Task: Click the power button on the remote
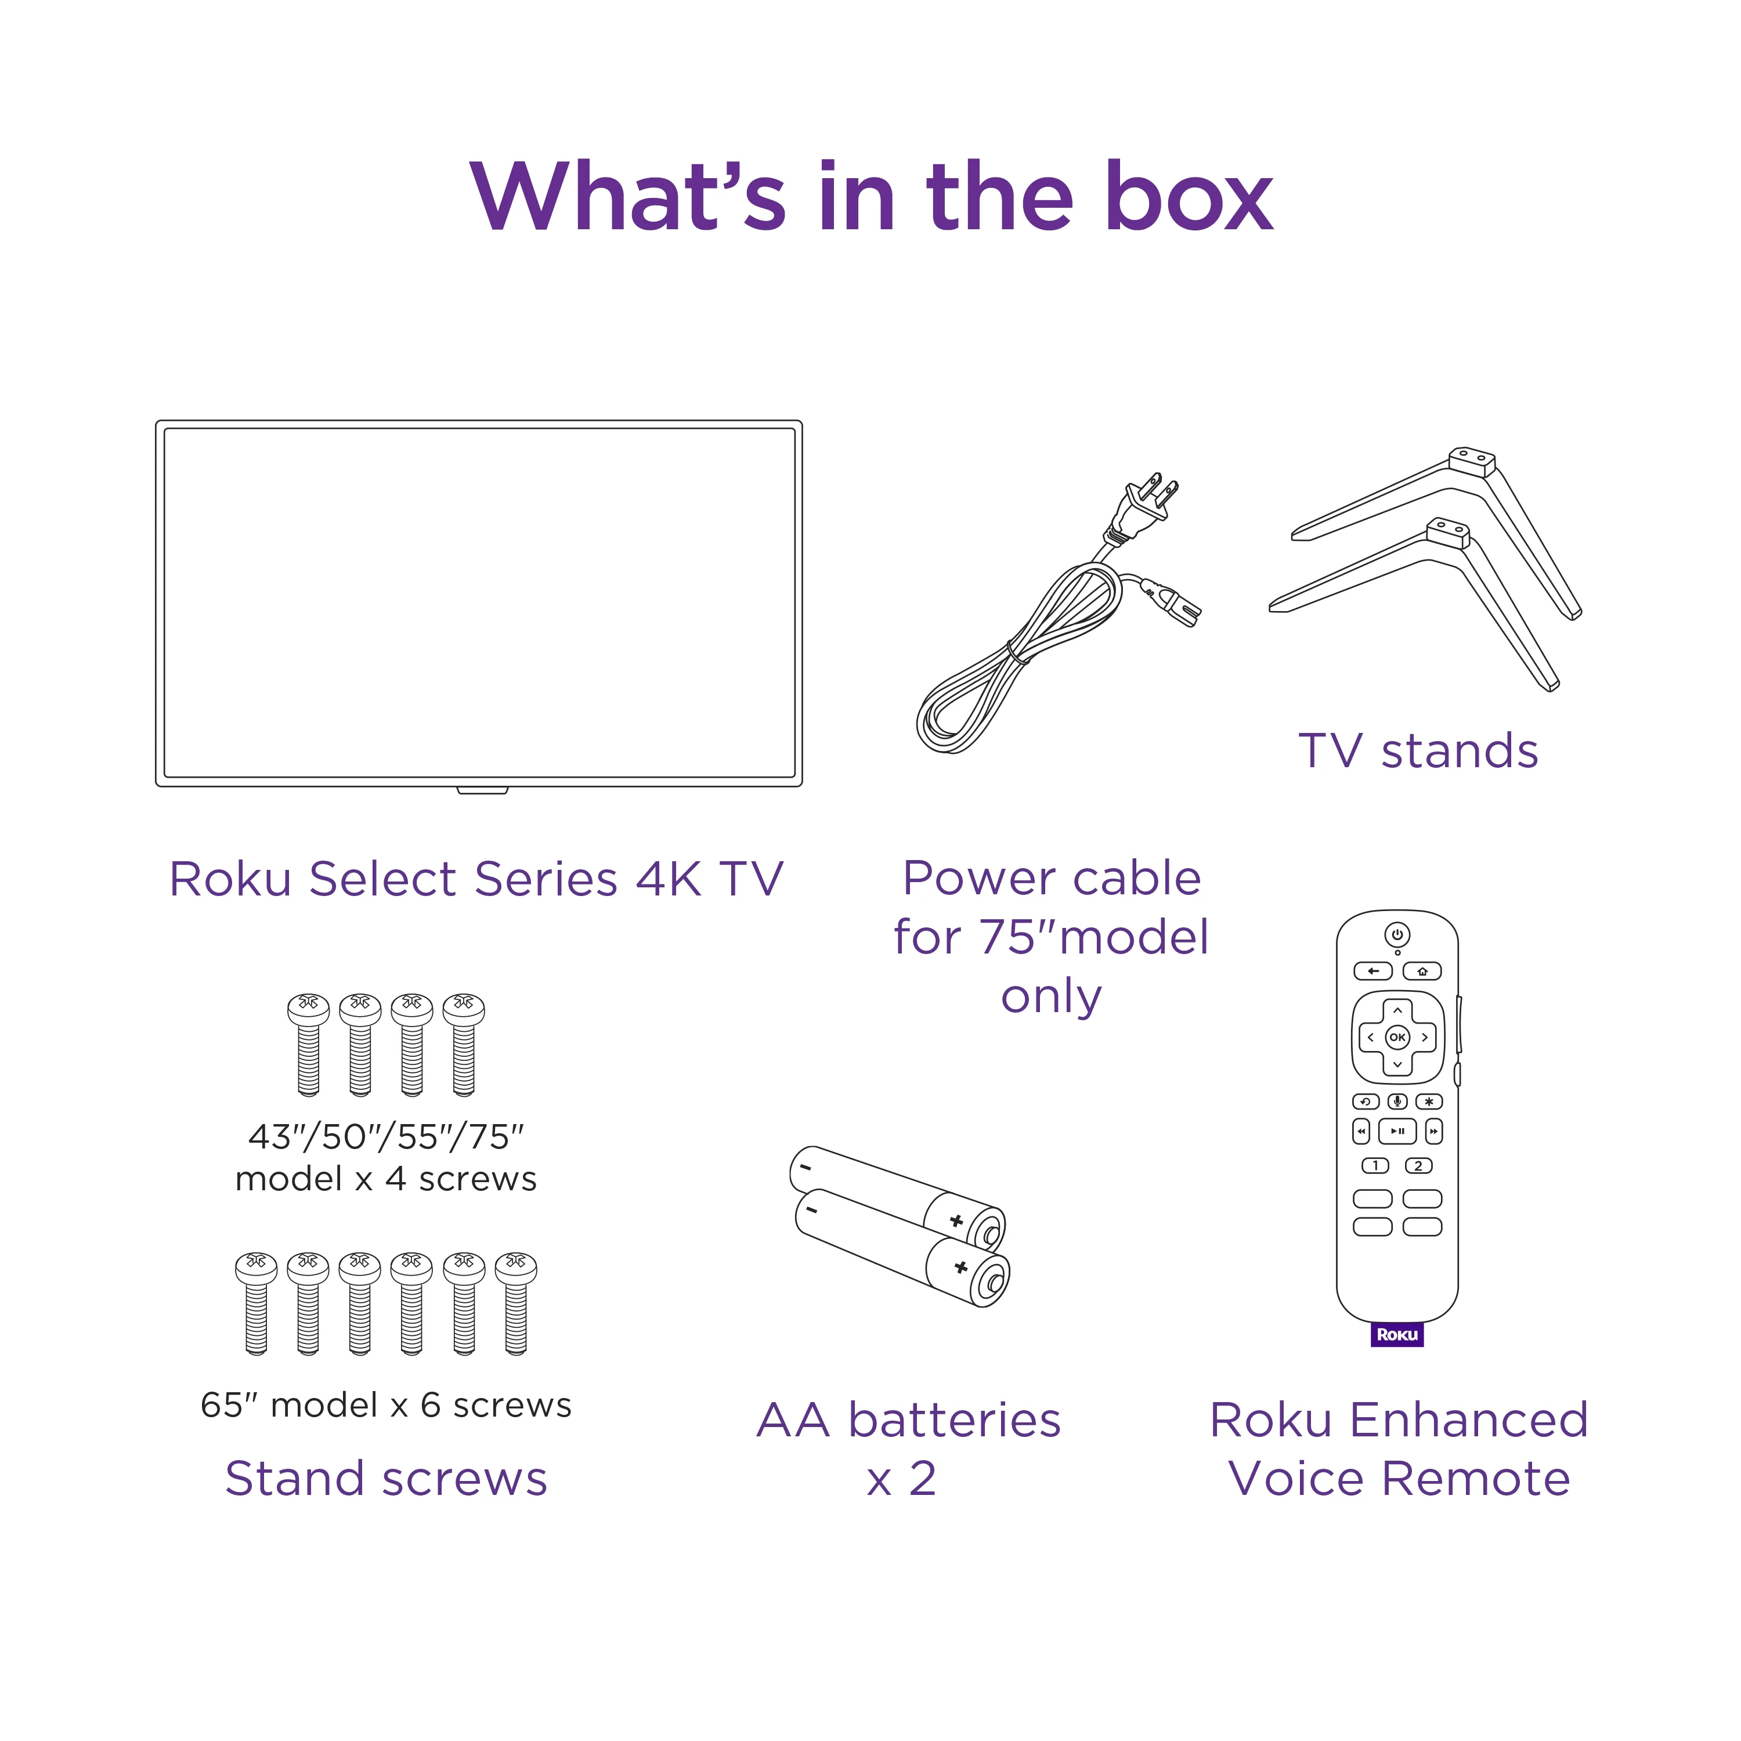click(x=1397, y=934)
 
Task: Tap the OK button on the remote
click(x=1397, y=1037)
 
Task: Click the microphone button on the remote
click(x=1397, y=1101)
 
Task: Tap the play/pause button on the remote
click(x=1397, y=1131)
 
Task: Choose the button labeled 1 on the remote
click(x=1375, y=1166)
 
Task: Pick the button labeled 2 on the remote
click(x=1418, y=1166)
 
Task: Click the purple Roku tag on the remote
click(x=1397, y=1335)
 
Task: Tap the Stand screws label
click(x=386, y=1478)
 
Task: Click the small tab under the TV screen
click(x=482, y=790)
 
